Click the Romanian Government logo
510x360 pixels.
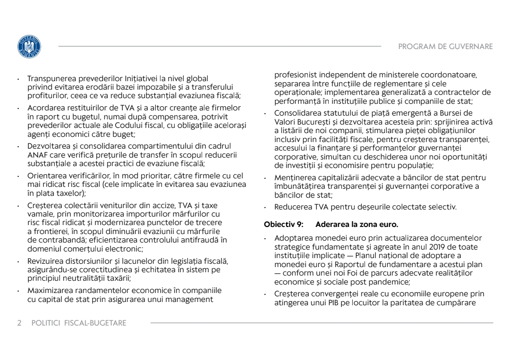[29, 47]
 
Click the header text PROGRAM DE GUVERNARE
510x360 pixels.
[445, 46]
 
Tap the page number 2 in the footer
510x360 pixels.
[19, 323]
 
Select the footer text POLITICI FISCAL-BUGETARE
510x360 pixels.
[79, 323]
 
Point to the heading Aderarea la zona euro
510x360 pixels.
[357, 225]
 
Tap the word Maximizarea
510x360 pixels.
[50, 291]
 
